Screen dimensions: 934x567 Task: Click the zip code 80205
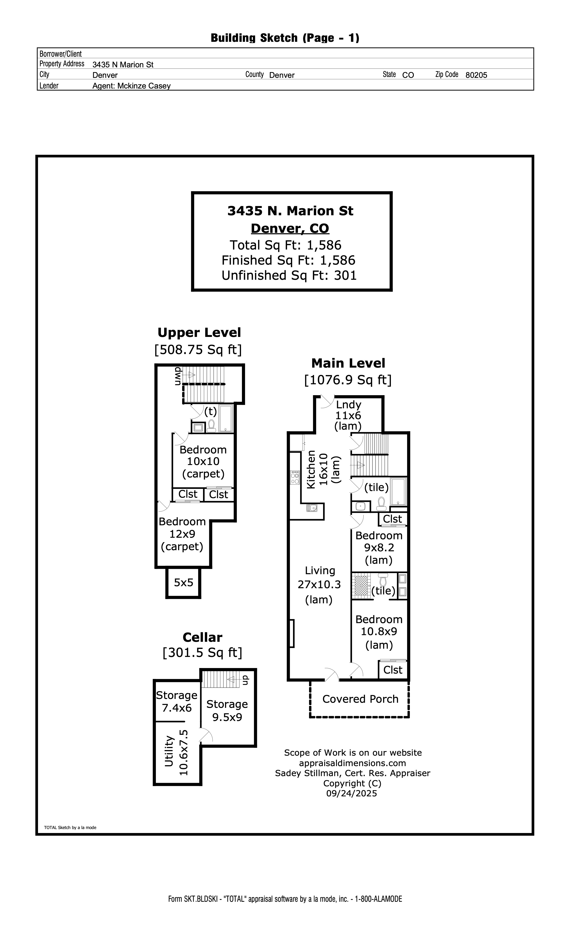tap(476, 75)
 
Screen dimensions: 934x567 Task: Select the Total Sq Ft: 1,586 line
tap(286, 245)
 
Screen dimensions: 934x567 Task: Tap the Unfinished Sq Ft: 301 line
tap(289, 275)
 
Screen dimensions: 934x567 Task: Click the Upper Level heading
tap(199, 332)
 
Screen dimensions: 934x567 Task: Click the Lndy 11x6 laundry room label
tap(348, 415)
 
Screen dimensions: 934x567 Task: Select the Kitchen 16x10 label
tap(323, 469)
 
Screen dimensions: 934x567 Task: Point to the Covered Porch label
tap(360, 699)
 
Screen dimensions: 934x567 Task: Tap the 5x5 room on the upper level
tap(183, 582)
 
